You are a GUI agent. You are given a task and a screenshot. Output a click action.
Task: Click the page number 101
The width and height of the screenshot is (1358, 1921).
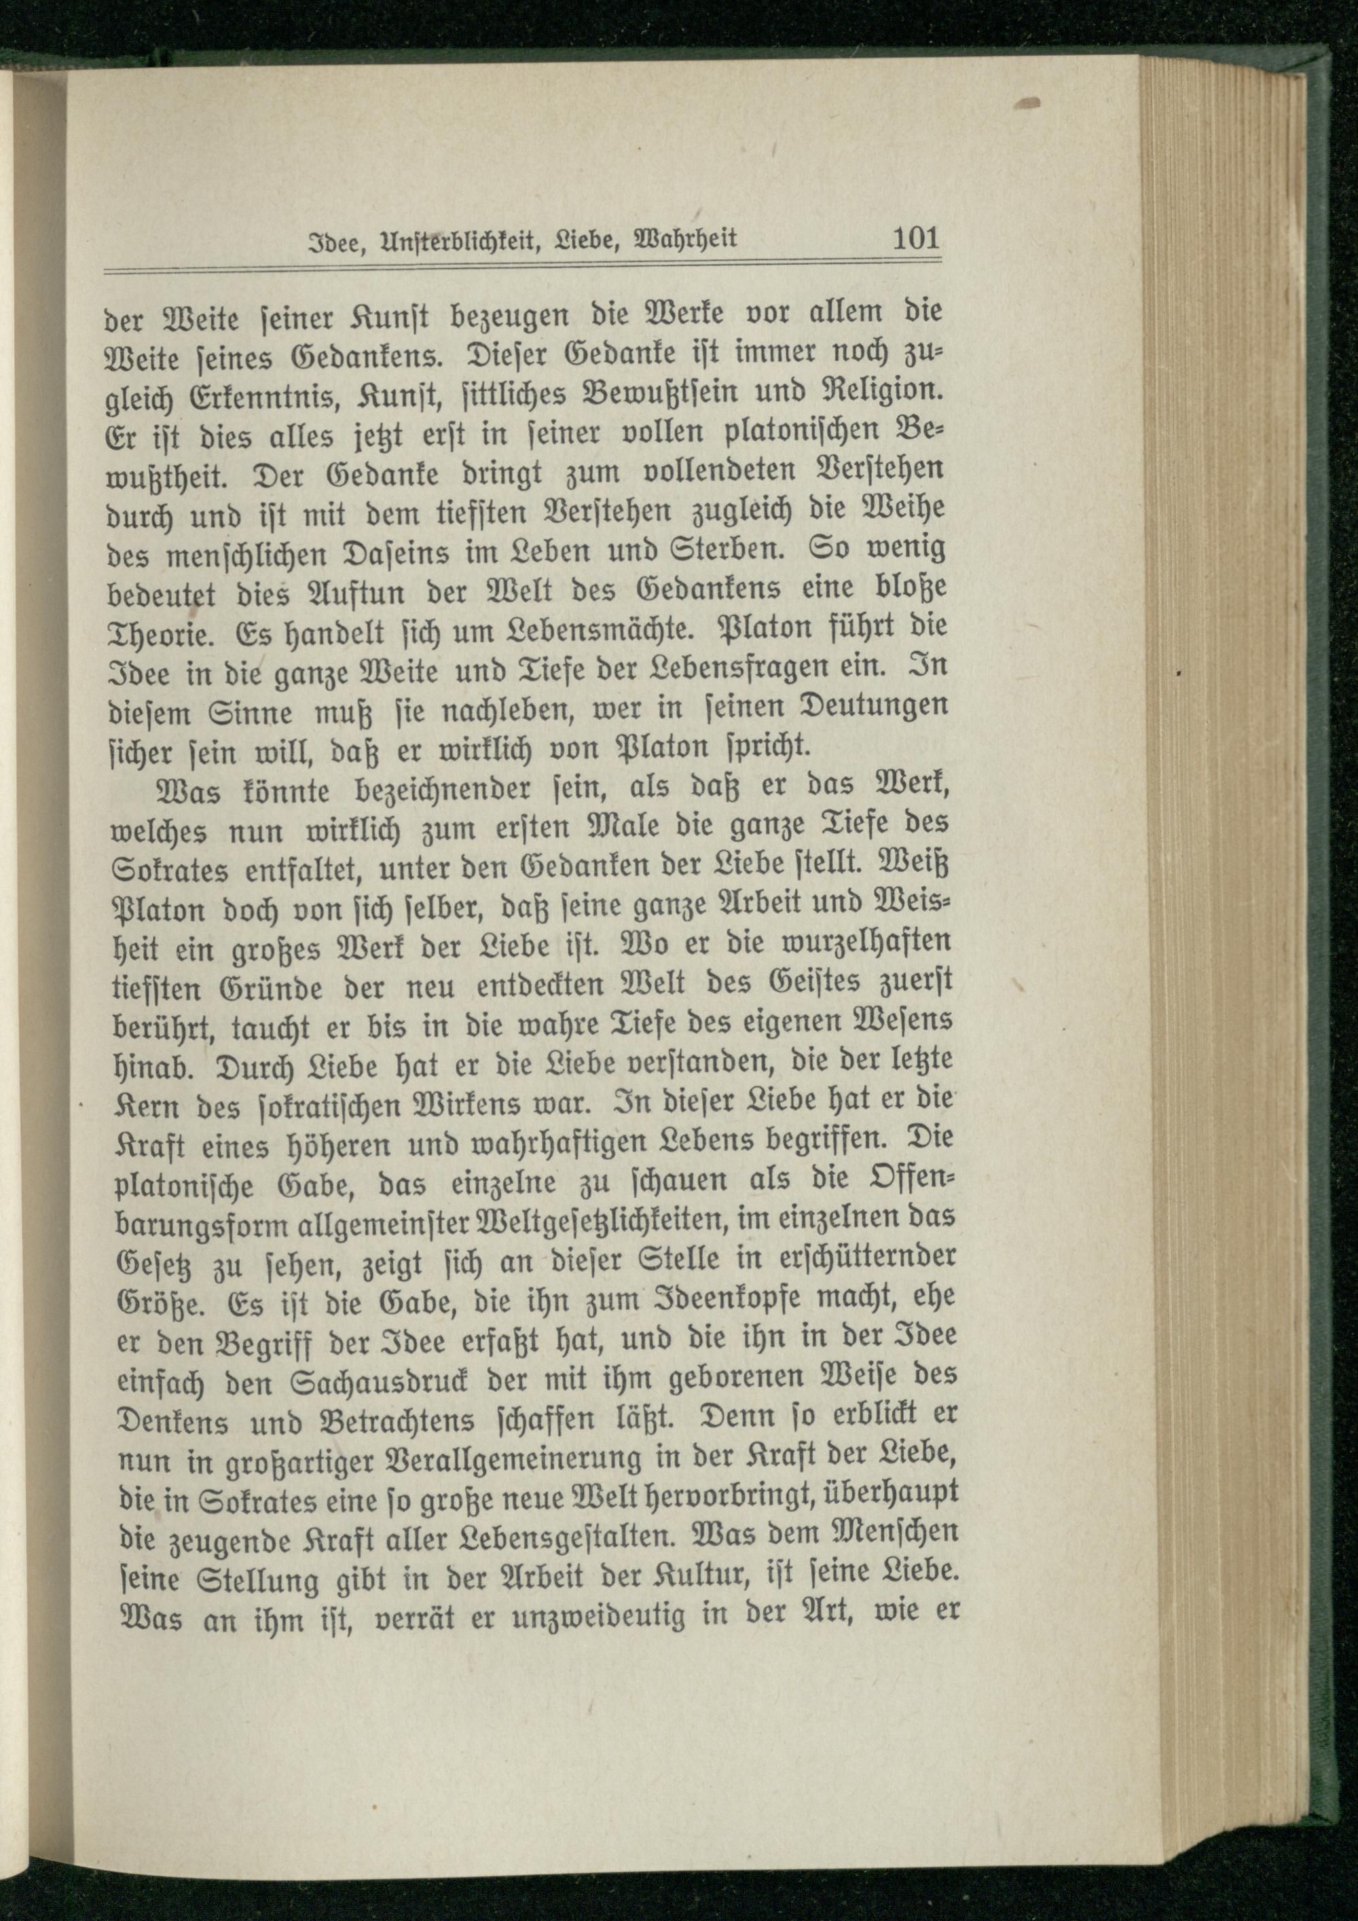[916, 239]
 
